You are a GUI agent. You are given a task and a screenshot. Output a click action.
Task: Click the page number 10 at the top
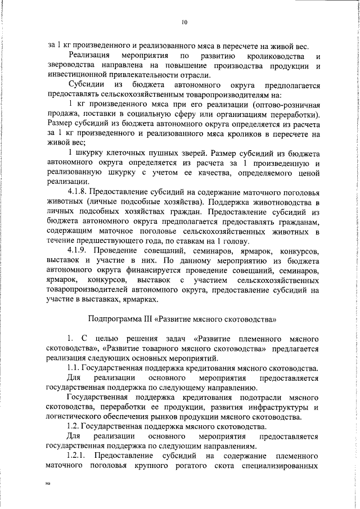tap(184, 22)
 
